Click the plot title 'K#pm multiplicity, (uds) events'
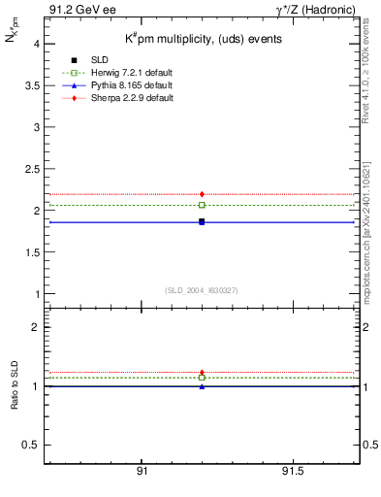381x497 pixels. (204, 39)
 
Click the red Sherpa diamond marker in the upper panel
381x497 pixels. (202, 194)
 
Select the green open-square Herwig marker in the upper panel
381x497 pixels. (202, 205)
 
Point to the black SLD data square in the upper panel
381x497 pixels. (202, 222)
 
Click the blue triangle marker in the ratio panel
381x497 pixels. (202, 386)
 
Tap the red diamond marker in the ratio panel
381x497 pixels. (202, 373)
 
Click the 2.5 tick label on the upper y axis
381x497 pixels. (30, 169)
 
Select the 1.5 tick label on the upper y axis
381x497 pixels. (30, 252)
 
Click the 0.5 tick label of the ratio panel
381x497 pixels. (30, 445)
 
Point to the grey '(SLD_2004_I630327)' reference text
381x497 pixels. (202, 290)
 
